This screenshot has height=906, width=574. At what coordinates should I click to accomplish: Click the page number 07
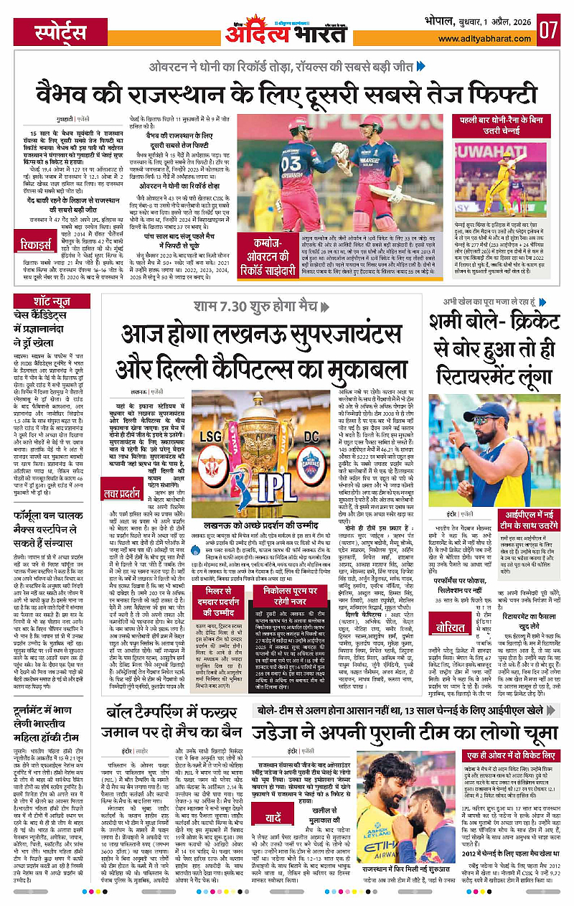[549, 30]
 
